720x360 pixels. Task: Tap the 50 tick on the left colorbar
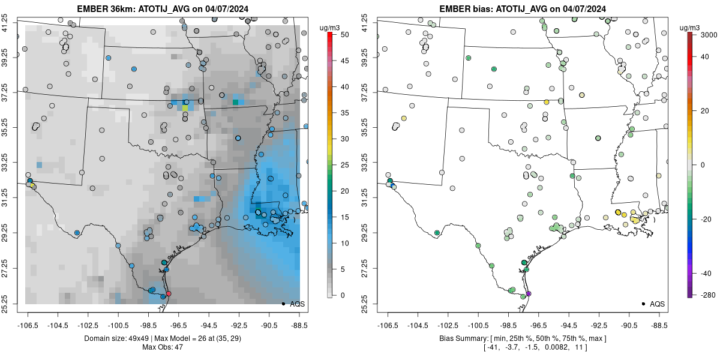click(x=340, y=35)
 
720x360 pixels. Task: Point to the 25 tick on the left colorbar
click(x=340, y=164)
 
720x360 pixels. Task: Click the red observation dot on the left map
click(x=169, y=293)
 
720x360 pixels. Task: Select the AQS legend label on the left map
click(x=298, y=304)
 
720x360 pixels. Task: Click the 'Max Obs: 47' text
click(x=163, y=347)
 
